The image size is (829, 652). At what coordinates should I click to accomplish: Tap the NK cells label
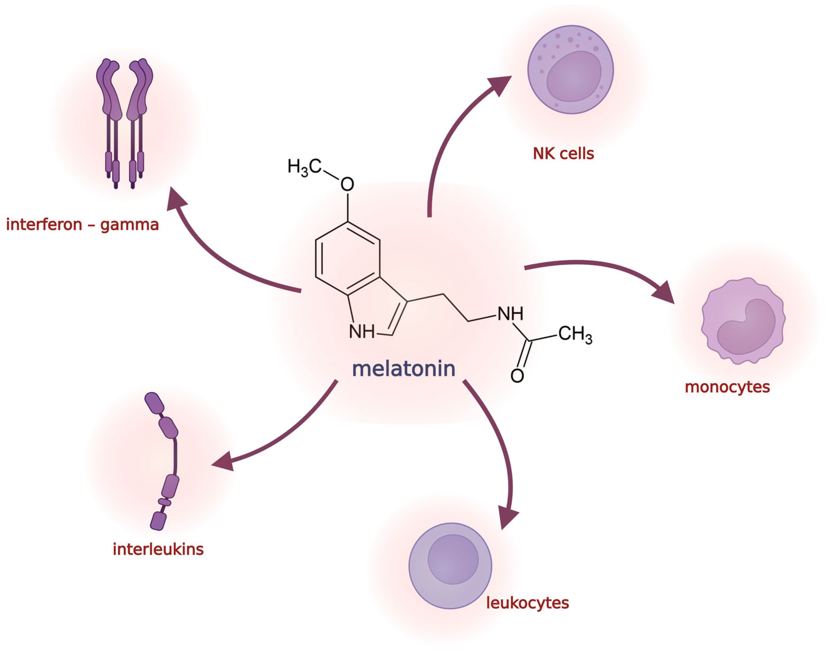click(563, 153)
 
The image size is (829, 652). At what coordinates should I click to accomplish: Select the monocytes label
click(727, 387)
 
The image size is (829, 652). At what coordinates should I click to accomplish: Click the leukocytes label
click(527, 603)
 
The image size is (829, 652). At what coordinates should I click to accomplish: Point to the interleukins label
click(158, 549)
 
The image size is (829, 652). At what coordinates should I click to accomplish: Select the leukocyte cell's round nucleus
click(453, 559)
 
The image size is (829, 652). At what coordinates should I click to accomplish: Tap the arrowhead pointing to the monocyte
click(664, 292)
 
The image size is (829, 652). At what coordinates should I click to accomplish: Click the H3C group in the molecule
click(304, 167)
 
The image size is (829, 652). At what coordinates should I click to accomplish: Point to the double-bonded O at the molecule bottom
click(517, 376)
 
